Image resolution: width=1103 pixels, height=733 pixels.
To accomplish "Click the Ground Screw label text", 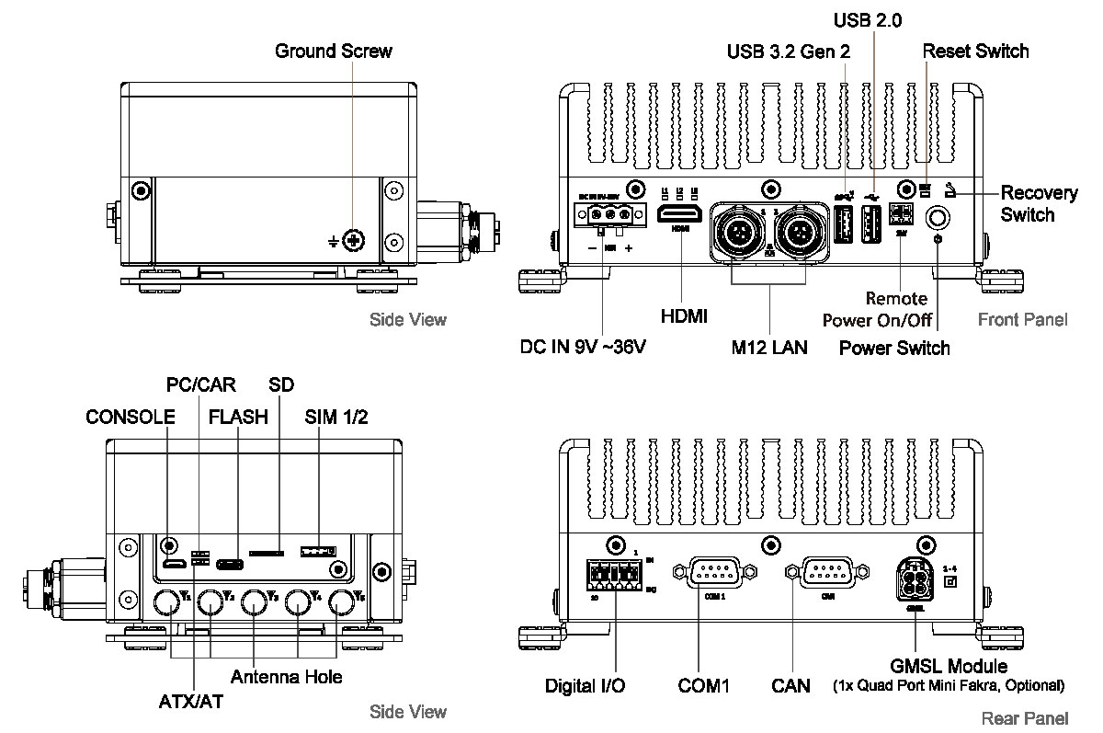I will pos(333,51).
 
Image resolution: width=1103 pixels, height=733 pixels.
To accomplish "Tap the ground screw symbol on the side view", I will pos(353,241).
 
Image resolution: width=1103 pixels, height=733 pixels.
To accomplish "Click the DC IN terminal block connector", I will pos(605,214).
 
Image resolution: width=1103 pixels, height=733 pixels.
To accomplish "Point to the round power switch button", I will pos(938,217).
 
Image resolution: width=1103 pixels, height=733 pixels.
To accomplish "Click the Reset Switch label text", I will pos(975,51).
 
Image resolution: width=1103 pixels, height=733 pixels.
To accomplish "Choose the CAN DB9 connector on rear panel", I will pos(830,572).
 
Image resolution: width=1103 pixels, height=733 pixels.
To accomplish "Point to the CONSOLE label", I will pos(130,417).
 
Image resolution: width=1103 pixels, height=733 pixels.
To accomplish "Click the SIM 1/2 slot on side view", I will pos(317,552).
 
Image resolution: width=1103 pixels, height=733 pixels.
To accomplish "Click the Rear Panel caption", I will pos(1025,718).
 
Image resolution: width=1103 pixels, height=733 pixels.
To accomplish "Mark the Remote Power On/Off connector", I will pos(902,212).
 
